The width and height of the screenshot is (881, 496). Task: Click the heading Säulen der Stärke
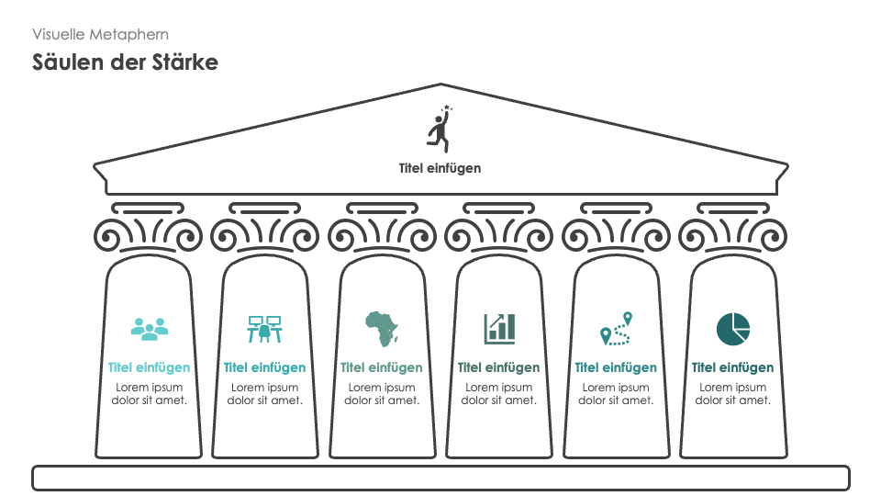tap(125, 62)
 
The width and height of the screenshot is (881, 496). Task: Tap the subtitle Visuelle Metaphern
tap(100, 34)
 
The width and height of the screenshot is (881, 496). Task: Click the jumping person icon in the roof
tap(440, 130)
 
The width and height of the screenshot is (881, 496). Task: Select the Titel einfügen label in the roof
tap(440, 168)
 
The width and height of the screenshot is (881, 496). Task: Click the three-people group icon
tap(149, 326)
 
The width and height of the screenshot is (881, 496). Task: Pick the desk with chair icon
tap(265, 328)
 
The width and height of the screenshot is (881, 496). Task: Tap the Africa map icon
tap(382, 328)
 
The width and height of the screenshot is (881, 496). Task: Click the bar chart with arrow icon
tap(499, 328)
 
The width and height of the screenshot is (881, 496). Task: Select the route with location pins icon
tap(616, 328)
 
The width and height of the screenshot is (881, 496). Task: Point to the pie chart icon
tap(732, 328)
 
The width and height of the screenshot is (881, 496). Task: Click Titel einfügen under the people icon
tap(149, 367)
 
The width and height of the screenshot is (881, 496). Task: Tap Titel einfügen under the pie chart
tap(732, 367)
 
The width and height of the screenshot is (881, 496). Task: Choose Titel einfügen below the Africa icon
tap(382, 367)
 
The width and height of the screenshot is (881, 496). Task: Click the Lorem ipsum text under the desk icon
tap(265, 393)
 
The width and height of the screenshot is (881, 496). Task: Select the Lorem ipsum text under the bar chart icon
tap(499, 393)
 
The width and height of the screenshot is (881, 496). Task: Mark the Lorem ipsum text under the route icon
tap(616, 393)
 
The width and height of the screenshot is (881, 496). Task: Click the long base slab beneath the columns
tap(440, 478)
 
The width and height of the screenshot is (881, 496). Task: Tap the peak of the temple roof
tap(441, 86)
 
